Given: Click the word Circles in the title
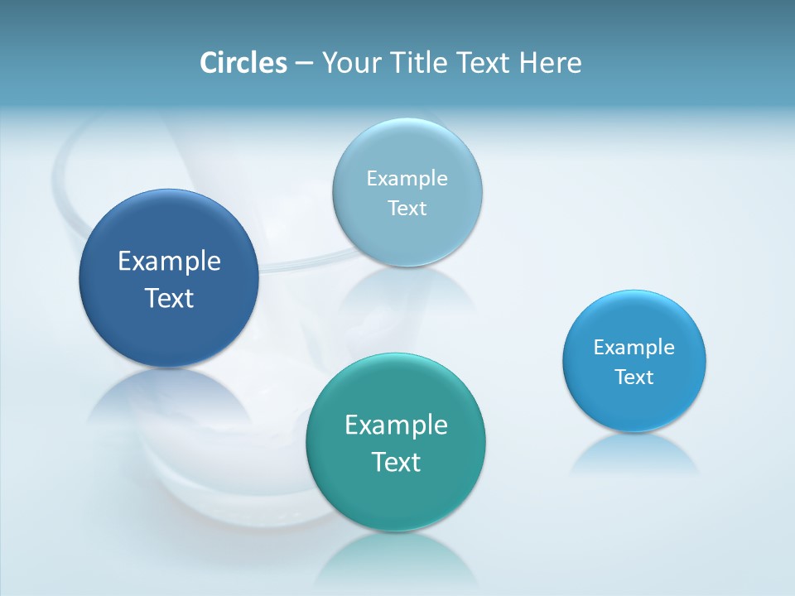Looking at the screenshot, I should tap(243, 63).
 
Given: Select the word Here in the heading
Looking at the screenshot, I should tap(550, 63).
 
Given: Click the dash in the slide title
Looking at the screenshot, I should tap(304, 64).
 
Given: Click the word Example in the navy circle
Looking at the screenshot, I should tap(169, 261).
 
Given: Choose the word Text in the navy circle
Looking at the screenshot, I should tap(169, 298).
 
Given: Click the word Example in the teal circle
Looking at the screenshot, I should tap(396, 425).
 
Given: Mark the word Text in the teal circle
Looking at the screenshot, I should tap(396, 462).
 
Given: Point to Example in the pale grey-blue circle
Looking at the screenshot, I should tap(407, 178).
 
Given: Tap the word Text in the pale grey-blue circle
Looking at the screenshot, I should tap(407, 208).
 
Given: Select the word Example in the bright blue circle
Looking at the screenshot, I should tap(634, 348).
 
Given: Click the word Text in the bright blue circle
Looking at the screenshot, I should tap(634, 377).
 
